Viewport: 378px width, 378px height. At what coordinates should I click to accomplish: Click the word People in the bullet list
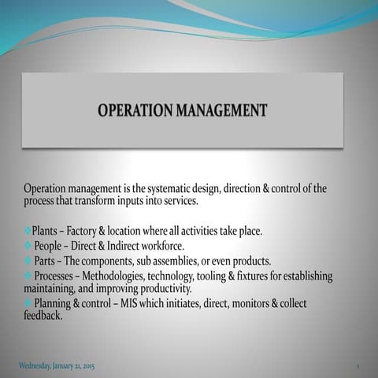coord(50,246)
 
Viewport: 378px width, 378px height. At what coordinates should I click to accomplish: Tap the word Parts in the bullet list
coord(46,261)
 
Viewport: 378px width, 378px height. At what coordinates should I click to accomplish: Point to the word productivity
coord(162,288)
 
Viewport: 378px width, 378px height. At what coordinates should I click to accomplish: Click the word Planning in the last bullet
coord(55,303)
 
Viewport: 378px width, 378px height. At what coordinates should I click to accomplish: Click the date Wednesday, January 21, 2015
coord(57,366)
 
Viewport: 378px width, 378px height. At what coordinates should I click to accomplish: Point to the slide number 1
coord(358,367)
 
